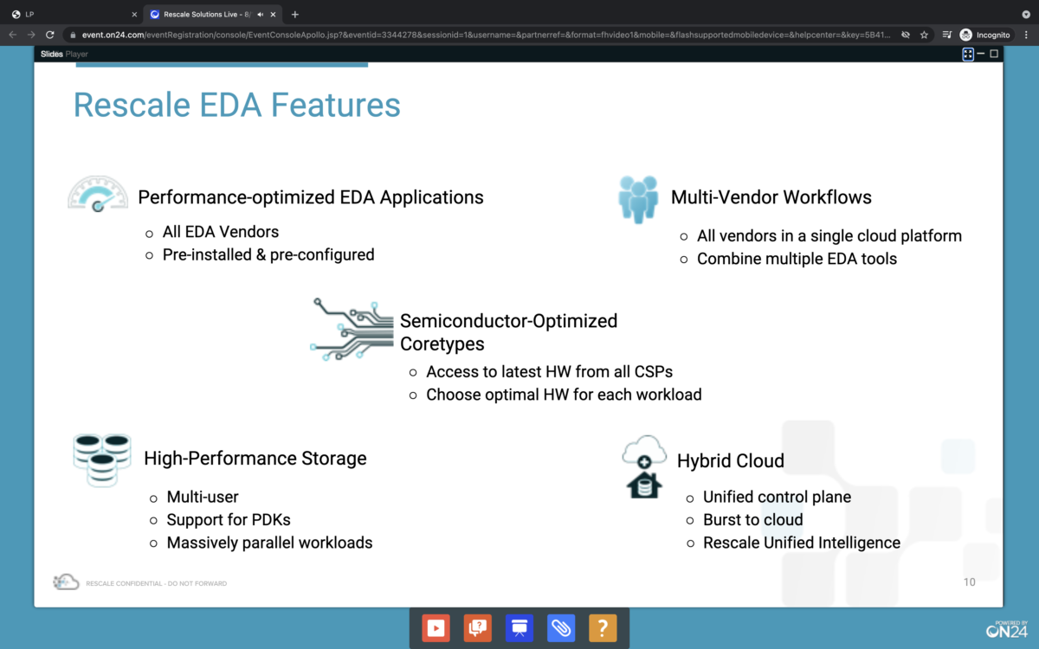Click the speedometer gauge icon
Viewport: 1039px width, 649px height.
pos(98,193)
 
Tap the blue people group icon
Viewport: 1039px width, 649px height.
pos(638,199)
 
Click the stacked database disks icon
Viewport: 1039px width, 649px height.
pos(95,459)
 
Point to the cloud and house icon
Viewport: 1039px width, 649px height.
pos(644,466)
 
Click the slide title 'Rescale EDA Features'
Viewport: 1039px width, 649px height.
pos(236,105)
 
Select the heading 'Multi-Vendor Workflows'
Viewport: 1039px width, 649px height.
pos(771,197)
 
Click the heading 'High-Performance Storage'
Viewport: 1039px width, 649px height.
pos(255,459)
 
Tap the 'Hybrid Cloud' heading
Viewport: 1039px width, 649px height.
pos(731,460)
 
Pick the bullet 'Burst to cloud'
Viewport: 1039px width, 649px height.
pos(752,520)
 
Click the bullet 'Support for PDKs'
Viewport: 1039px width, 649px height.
pos(229,520)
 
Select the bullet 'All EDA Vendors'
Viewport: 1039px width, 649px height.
pos(221,232)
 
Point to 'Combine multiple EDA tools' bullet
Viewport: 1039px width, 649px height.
pos(797,259)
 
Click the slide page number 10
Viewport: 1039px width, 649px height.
pos(969,582)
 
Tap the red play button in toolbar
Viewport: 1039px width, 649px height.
pos(436,627)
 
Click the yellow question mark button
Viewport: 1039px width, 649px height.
pos(603,627)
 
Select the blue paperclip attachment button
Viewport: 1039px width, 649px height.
pos(561,627)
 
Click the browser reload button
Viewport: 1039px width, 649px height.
pos(50,35)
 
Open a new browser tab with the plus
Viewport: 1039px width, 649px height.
pos(295,14)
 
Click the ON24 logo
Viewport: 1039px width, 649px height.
pos(1006,629)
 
